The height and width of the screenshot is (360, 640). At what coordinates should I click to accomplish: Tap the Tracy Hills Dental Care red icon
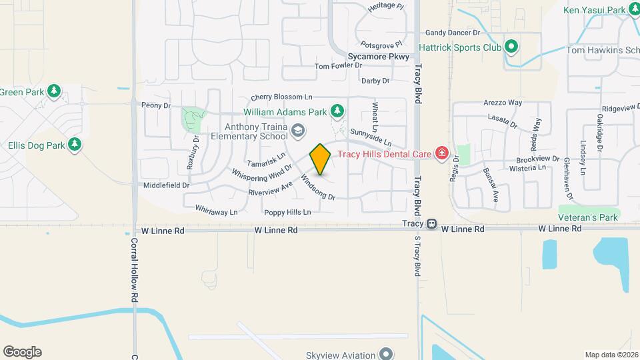coord(441,154)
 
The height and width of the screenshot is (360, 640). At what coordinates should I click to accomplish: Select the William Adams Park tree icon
coord(338,110)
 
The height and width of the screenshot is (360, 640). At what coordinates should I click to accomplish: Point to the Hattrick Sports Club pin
coord(511,47)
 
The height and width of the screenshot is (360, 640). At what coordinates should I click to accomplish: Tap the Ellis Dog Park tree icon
coord(75,144)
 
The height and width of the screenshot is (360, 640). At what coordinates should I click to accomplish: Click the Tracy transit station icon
coord(431,224)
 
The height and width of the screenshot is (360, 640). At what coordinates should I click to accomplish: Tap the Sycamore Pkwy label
coord(378,57)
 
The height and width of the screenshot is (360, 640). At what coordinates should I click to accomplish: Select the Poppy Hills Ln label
coord(288,213)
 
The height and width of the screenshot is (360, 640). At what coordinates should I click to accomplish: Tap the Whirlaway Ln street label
coord(217,212)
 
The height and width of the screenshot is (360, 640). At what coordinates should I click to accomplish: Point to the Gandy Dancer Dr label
coord(453,32)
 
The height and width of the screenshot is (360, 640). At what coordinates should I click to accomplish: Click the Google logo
coord(22,352)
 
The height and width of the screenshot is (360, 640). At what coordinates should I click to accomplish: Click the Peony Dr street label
coord(157,105)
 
